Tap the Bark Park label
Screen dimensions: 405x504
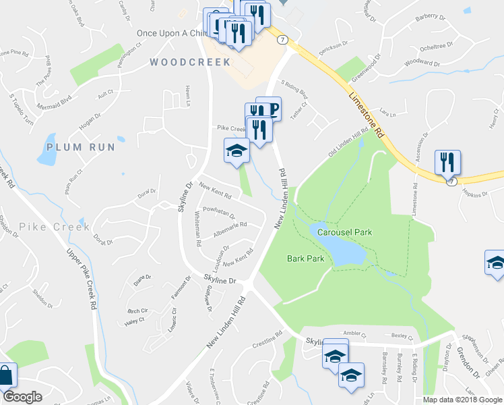click(305, 259)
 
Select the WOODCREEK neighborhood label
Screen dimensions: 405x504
click(190, 62)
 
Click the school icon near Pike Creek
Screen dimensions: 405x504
click(237, 150)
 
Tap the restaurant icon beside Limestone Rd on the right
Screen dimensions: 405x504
click(447, 163)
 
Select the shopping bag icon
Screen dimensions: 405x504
click(6, 377)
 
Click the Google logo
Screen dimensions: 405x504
click(22, 397)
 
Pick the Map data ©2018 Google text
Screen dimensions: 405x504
click(462, 400)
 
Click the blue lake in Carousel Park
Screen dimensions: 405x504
click(340, 250)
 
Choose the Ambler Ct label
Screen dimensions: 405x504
click(354, 334)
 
